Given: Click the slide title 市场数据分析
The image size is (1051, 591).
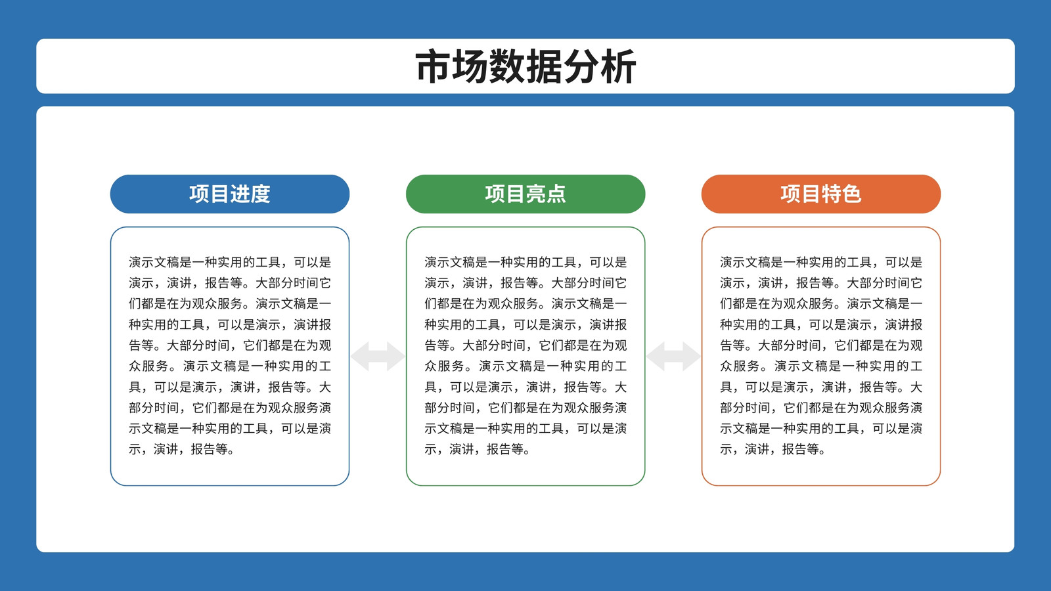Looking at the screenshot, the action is (x=525, y=66).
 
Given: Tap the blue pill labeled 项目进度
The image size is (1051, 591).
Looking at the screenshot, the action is (x=230, y=194).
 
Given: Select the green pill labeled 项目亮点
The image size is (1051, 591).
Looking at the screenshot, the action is (x=525, y=194).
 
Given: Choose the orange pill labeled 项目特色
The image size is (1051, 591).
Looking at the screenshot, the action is (x=821, y=194).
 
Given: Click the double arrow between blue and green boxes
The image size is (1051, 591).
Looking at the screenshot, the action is (x=378, y=357).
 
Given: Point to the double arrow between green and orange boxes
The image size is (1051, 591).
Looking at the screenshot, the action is (x=673, y=357).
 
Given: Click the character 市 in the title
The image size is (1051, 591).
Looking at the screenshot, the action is (x=434, y=66).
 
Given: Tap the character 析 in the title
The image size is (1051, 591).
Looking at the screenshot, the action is (x=618, y=66).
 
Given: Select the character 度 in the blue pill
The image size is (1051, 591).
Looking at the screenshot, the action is (x=260, y=194).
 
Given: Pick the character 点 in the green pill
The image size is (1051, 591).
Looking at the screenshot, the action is (x=556, y=194).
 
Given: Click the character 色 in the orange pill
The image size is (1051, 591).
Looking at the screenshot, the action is (x=851, y=194).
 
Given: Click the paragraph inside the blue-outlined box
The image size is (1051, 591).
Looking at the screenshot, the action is (x=230, y=355).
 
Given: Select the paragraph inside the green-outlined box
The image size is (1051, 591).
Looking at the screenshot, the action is (x=525, y=355).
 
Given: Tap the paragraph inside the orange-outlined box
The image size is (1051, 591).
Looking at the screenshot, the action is (x=821, y=355).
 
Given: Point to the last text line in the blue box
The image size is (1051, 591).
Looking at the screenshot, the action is (x=181, y=449).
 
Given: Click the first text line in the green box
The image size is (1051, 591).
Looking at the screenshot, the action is (x=525, y=262).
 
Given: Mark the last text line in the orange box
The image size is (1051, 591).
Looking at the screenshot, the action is (x=772, y=449).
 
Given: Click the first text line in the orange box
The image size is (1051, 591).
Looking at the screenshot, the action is (x=821, y=262).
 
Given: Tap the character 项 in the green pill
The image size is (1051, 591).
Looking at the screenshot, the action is (x=495, y=194).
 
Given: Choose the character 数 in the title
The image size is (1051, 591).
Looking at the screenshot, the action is (x=507, y=66).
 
